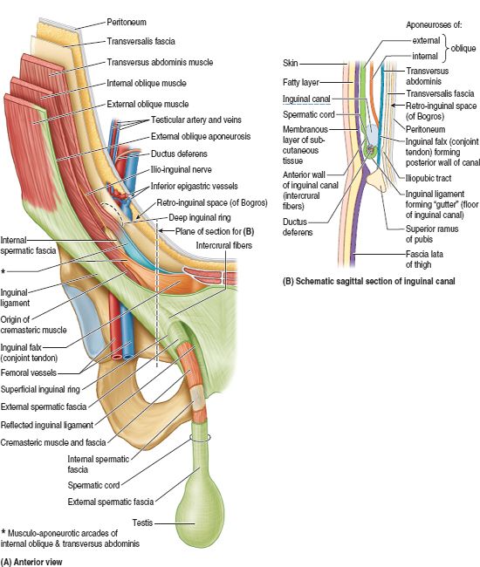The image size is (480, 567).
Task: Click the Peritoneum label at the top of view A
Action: click(x=127, y=23)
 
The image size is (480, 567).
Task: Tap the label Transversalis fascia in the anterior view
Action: click(x=141, y=41)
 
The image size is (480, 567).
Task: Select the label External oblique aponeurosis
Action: click(x=201, y=136)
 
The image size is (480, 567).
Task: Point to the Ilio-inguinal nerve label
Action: click(x=182, y=169)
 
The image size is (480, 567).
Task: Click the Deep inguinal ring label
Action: click(x=200, y=218)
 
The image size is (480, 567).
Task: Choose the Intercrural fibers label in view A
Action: click(x=224, y=245)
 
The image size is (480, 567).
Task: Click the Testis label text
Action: click(x=142, y=523)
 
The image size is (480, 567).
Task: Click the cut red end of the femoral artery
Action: click(x=117, y=357)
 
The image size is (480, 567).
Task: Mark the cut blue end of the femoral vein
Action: click(x=128, y=357)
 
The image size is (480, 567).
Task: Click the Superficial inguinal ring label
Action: click(x=40, y=389)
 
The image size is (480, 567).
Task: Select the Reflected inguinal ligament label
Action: click(x=47, y=425)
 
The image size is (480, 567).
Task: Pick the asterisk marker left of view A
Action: click(x=3, y=271)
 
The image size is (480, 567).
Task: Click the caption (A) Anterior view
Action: click(x=31, y=562)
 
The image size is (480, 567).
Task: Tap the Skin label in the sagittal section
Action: click(x=291, y=64)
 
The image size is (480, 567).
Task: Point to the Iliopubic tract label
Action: click(x=429, y=178)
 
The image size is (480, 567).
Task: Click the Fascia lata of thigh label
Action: click(x=424, y=259)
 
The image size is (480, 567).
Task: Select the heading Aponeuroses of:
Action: click(x=434, y=25)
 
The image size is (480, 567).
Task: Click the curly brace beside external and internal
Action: click(x=446, y=48)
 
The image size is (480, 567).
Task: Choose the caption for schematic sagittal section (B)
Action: click(x=368, y=281)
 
